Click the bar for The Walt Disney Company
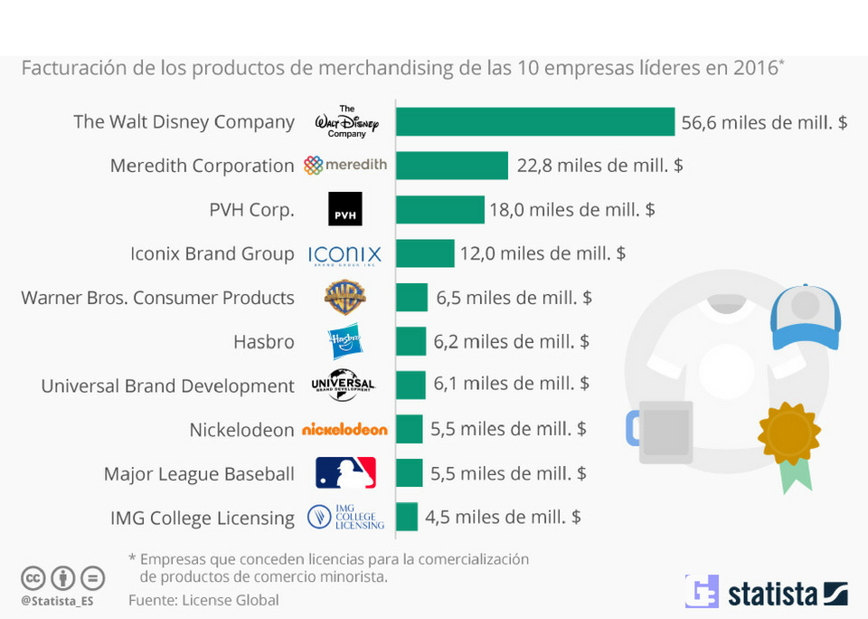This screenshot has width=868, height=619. click(x=535, y=121)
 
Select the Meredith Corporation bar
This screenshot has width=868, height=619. click(x=452, y=166)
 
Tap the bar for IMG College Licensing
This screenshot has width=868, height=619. click(x=407, y=517)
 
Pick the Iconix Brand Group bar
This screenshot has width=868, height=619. click(x=425, y=253)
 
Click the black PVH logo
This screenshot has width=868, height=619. click(x=344, y=209)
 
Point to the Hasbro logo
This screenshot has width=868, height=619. click(x=344, y=341)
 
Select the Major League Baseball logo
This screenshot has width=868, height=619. click(x=345, y=472)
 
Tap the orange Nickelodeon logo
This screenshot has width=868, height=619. click(x=344, y=429)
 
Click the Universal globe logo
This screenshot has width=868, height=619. click(x=343, y=385)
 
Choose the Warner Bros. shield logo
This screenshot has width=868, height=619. click(x=344, y=298)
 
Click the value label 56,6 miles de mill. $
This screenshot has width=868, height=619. click(x=764, y=122)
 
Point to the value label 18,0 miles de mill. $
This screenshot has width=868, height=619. click(x=571, y=210)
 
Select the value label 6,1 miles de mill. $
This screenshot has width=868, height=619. click(x=511, y=384)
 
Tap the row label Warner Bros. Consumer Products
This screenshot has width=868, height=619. click(x=157, y=298)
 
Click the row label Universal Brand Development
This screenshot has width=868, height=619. click(x=167, y=386)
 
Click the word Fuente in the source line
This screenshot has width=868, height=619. click(x=152, y=600)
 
